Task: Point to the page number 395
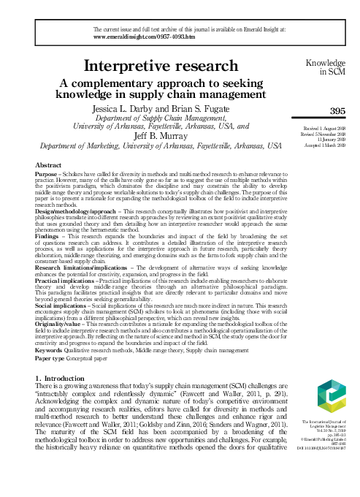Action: coord(337,110)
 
